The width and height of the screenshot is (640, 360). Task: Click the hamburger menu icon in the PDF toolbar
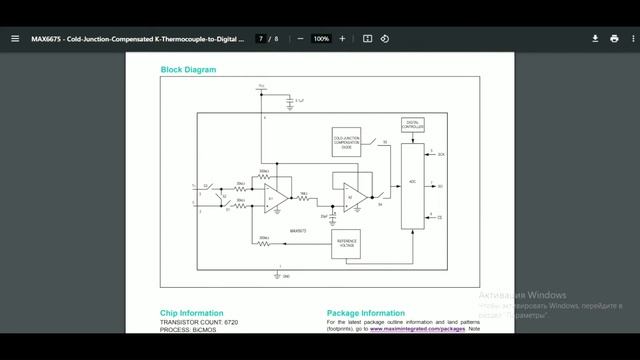[15, 39]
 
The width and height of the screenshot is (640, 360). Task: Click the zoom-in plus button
[342, 39]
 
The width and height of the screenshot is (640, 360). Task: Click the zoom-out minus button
[300, 39]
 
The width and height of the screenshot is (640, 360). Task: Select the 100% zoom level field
[321, 39]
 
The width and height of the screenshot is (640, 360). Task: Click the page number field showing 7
[261, 39]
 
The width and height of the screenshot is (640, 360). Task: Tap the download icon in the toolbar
[595, 39]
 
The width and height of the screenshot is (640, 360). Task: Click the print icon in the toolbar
[614, 39]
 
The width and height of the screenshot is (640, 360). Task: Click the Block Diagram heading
[188, 70]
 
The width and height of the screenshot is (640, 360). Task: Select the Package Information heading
[366, 313]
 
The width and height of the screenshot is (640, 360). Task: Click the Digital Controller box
[412, 125]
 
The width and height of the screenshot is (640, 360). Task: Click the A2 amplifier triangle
[352, 192]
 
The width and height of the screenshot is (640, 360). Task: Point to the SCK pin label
[441, 156]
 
